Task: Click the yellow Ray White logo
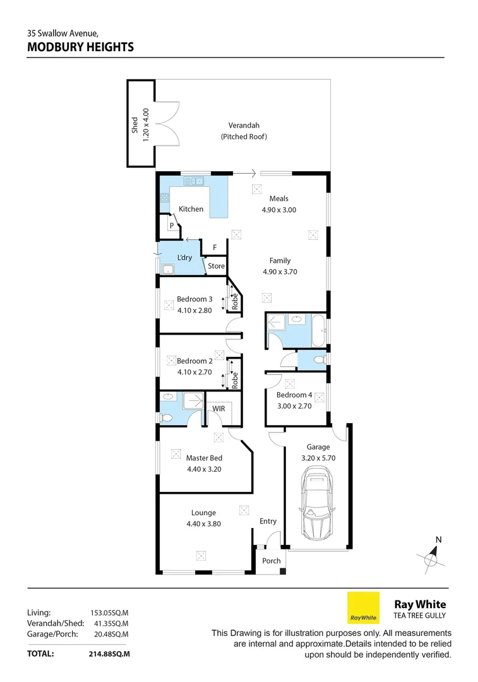tap(364, 607)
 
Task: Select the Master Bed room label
tap(203, 458)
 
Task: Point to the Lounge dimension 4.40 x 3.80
tap(203, 523)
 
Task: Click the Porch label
tap(272, 561)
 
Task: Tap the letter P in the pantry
tap(170, 225)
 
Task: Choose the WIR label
tap(218, 409)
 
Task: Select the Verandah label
tap(244, 125)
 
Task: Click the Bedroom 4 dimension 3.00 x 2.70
tap(294, 406)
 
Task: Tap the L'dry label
tap(184, 258)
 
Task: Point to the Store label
tap(216, 266)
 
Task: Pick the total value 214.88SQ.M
tap(109, 654)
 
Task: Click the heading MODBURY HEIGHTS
tap(80, 47)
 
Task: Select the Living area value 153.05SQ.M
tap(109, 613)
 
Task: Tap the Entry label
tap(268, 521)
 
